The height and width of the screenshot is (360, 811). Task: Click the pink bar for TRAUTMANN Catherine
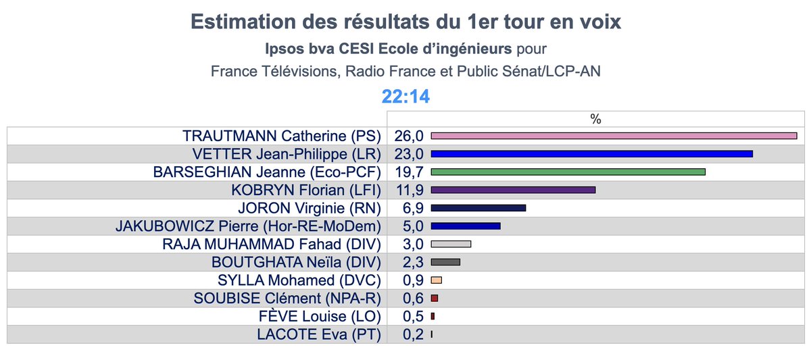(614, 136)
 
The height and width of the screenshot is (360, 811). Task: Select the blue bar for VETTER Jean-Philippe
(591, 154)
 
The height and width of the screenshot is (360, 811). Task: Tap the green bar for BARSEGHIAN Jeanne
(568, 172)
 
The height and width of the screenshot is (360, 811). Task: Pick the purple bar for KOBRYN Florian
(513, 190)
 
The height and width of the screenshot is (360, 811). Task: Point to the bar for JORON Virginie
(478, 208)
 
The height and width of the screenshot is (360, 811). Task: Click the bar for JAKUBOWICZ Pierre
(465, 226)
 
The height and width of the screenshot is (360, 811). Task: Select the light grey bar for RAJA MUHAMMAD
(450, 244)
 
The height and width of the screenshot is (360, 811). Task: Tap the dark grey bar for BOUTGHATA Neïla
(445, 262)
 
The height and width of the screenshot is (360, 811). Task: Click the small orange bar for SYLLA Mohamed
(436, 280)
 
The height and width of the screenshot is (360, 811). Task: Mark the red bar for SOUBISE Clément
(434, 298)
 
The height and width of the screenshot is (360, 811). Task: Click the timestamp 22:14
(405, 97)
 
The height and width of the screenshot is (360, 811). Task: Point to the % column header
(595, 119)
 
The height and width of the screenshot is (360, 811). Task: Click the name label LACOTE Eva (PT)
(319, 334)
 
